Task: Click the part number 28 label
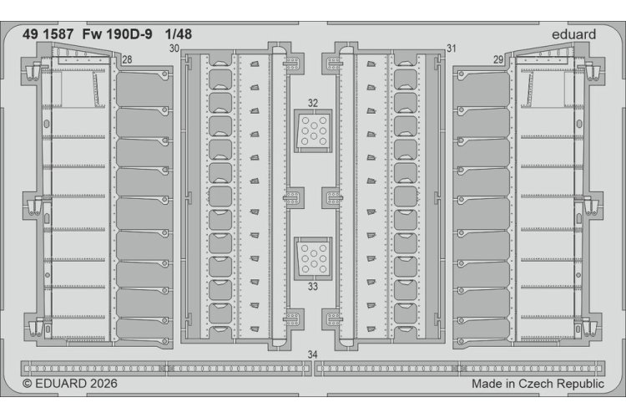click(127, 60)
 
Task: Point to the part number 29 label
click(497, 60)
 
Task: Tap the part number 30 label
click(174, 48)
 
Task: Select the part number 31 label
click(451, 48)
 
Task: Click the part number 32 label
click(313, 103)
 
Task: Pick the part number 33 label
click(313, 287)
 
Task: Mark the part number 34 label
click(313, 354)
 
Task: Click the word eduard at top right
click(573, 34)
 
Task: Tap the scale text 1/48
click(179, 34)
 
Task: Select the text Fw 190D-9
click(117, 34)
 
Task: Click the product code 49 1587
click(48, 34)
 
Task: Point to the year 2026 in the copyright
click(103, 383)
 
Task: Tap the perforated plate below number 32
click(313, 130)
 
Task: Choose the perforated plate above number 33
click(313, 259)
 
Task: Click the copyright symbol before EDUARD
click(28, 384)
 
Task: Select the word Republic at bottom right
click(580, 384)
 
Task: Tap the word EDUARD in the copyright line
click(61, 383)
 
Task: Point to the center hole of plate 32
click(313, 126)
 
